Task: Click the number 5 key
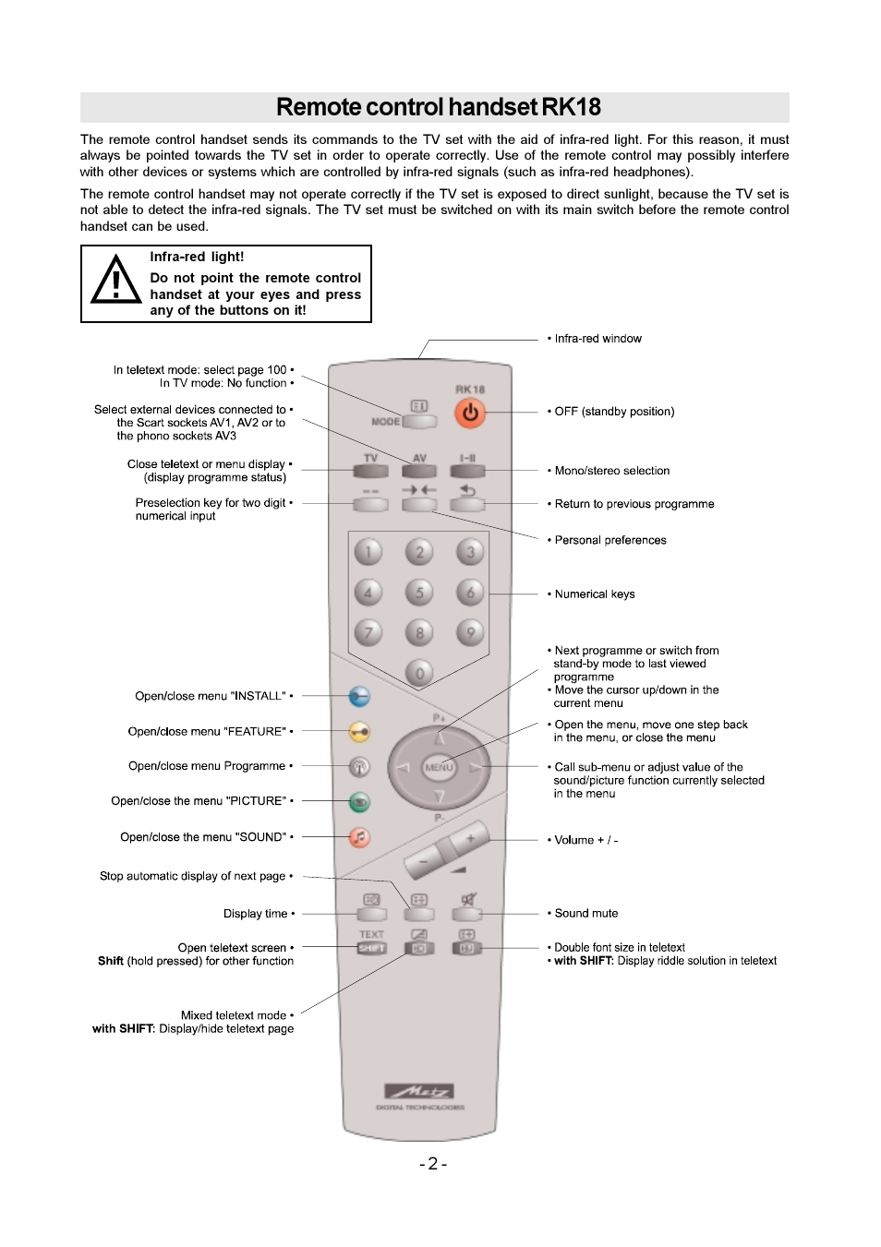tap(419, 593)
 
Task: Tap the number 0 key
tap(419, 673)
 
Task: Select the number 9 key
tap(470, 632)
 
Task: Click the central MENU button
tap(439, 767)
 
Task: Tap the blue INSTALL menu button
tap(359, 697)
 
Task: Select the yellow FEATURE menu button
tap(359, 732)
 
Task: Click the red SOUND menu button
tap(359, 837)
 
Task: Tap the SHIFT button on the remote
tap(371, 948)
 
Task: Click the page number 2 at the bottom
tap(432, 1164)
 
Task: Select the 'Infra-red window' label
tap(597, 339)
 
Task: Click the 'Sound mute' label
tap(586, 913)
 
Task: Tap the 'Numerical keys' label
tap(595, 594)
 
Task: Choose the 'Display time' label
tap(256, 914)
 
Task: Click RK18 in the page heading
tap(572, 107)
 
